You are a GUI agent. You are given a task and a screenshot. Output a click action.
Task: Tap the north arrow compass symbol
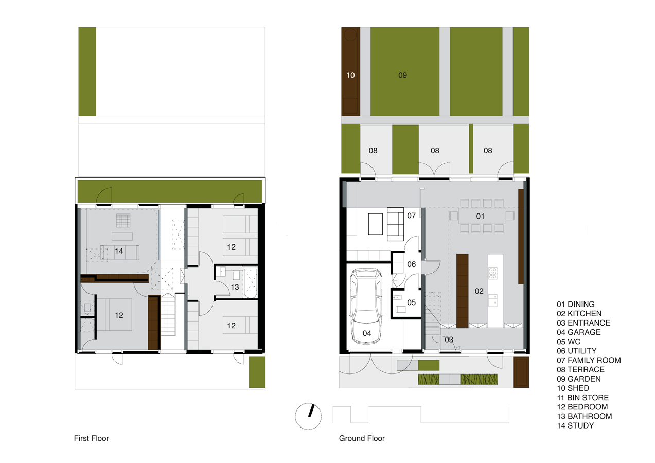tap(308, 415)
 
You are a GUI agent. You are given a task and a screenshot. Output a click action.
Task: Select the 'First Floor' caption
tap(92, 438)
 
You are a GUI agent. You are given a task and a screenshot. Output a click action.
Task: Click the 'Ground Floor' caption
tap(362, 438)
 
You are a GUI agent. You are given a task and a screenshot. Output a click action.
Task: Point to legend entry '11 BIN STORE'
tap(582, 398)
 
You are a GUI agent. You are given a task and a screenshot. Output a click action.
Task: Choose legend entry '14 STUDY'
tap(575, 425)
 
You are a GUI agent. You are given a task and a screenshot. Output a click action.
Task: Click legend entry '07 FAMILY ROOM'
tap(589, 360)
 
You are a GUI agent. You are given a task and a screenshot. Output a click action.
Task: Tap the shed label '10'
tap(350, 75)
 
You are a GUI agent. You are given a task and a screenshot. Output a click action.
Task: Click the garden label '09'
tap(403, 75)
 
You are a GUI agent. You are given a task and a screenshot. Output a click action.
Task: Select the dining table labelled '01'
tap(480, 216)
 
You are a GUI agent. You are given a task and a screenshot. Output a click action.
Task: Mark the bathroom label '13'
tap(235, 287)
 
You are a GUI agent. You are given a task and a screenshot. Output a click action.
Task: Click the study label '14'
tap(119, 251)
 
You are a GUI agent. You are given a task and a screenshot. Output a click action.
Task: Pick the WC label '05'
tap(411, 302)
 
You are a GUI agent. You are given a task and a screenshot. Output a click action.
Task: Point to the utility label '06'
tap(411, 264)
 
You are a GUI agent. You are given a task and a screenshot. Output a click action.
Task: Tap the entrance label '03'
tap(449, 340)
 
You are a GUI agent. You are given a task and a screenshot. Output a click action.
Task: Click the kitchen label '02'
tap(479, 291)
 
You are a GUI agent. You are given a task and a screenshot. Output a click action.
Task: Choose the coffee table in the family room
tap(376, 224)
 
